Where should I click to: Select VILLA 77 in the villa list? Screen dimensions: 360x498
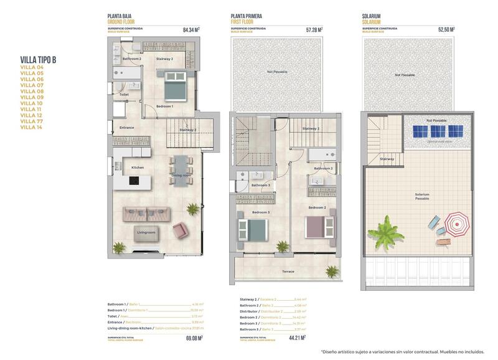[x=32, y=121]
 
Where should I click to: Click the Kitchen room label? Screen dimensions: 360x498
[x=138, y=168]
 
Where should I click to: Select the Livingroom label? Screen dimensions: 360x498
[x=146, y=232]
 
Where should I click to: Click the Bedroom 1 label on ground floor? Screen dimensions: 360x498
[x=164, y=107]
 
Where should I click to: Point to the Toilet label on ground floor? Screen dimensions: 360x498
[x=124, y=95]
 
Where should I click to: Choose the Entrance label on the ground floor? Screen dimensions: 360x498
[x=126, y=128]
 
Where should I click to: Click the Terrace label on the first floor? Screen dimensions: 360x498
[x=288, y=271]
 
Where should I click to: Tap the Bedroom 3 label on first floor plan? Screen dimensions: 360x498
[x=260, y=212]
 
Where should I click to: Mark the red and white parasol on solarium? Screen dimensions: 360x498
[x=457, y=222]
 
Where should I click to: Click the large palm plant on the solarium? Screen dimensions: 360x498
[x=385, y=232]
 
